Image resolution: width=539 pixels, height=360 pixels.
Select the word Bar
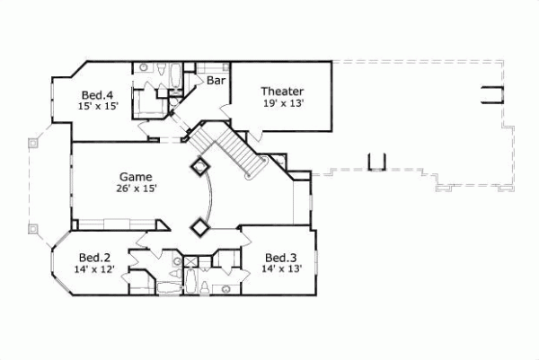tap(216, 81)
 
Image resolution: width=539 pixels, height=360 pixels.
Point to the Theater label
tap(282, 91)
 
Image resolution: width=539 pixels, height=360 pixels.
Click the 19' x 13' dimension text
tap(282, 103)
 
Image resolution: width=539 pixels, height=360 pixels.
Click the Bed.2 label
tap(94, 255)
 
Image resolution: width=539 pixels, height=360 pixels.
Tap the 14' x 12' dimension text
tap(94, 268)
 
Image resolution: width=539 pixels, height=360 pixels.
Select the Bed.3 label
tap(281, 255)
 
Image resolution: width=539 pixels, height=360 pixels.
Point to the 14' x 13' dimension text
tap(281, 268)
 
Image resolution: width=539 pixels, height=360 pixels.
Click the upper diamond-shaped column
tap(199, 167)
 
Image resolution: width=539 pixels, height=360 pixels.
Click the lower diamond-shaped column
tap(199, 227)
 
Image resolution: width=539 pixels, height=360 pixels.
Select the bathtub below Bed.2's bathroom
tap(167, 286)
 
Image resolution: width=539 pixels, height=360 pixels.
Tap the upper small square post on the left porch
tap(33, 140)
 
